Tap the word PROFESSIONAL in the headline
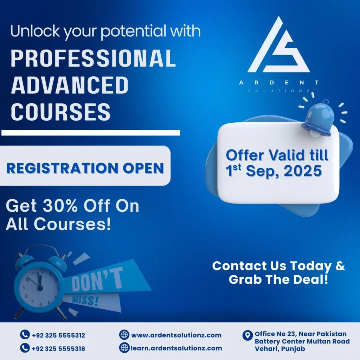tap(93, 58)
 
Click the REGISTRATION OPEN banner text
tap(85, 168)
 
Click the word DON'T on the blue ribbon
tap(98, 281)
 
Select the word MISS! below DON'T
tap(85, 300)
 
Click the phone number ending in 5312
tap(58, 336)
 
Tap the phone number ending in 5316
tap(58, 349)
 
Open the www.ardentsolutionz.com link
tap(176, 335)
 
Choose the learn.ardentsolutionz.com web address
tap(176, 348)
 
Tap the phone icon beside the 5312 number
tap(24, 335)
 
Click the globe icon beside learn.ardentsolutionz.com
tap(124, 348)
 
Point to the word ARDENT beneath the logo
tap(279, 83)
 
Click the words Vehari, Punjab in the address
tap(280, 349)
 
